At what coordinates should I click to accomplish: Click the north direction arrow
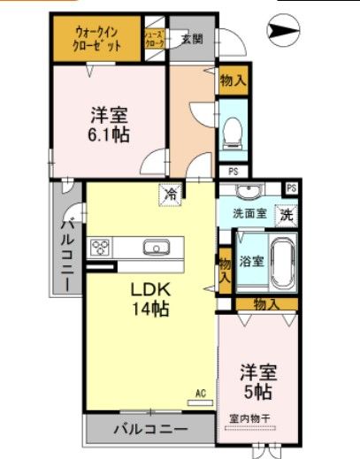tap(282, 34)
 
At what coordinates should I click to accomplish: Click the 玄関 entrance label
tap(191, 38)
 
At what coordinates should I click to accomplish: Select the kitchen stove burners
tap(100, 247)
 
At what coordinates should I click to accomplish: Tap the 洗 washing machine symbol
tap(287, 212)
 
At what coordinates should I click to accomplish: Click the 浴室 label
tap(251, 260)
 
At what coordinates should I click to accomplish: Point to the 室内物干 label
tap(250, 418)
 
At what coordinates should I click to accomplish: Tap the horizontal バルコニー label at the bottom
tap(149, 431)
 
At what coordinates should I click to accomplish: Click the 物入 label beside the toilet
tap(234, 81)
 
